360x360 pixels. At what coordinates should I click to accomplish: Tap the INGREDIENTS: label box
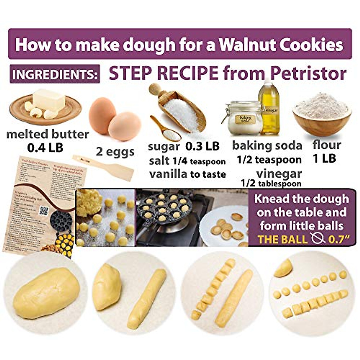pyautogui.click(x=55, y=74)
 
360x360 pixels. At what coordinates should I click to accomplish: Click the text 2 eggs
pyautogui.click(x=115, y=151)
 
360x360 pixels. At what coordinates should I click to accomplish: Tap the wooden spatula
pyautogui.click(x=103, y=168)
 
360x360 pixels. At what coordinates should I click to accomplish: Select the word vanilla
pyautogui.click(x=168, y=174)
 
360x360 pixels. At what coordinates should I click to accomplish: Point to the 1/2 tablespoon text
pyautogui.click(x=271, y=184)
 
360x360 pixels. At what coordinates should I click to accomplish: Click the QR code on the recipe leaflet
pyautogui.click(x=44, y=211)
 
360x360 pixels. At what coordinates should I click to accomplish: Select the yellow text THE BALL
pyautogui.click(x=283, y=239)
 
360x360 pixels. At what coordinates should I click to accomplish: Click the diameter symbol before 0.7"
pyautogui.click(x=318, y=239)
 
